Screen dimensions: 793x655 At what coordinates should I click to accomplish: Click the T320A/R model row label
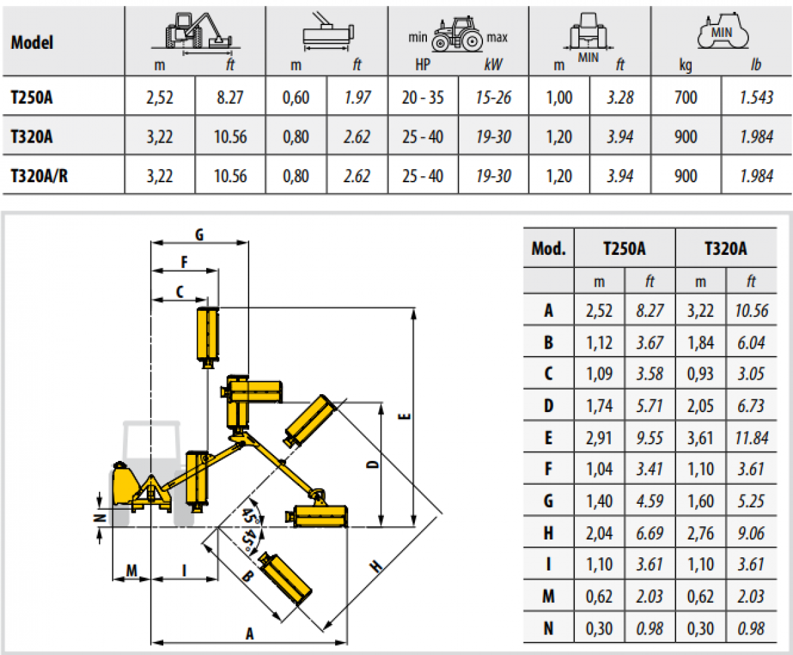tap(39, 176)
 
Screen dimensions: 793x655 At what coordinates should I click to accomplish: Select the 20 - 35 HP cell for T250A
tap(423, 98)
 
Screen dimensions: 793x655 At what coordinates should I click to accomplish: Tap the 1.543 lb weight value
tap(756, 98)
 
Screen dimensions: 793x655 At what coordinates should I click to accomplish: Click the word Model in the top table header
tap(32, 42)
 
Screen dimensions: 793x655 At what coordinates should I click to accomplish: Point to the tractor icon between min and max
tap(457, 34)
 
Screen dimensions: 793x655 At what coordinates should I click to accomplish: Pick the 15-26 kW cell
tap(494, 98)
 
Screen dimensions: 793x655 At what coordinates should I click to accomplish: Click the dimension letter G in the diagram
tap(200, 235)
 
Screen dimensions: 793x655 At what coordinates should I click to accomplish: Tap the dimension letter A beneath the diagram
tap(250, 633)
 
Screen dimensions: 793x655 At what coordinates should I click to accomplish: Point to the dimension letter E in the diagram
tap(404, 417)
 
